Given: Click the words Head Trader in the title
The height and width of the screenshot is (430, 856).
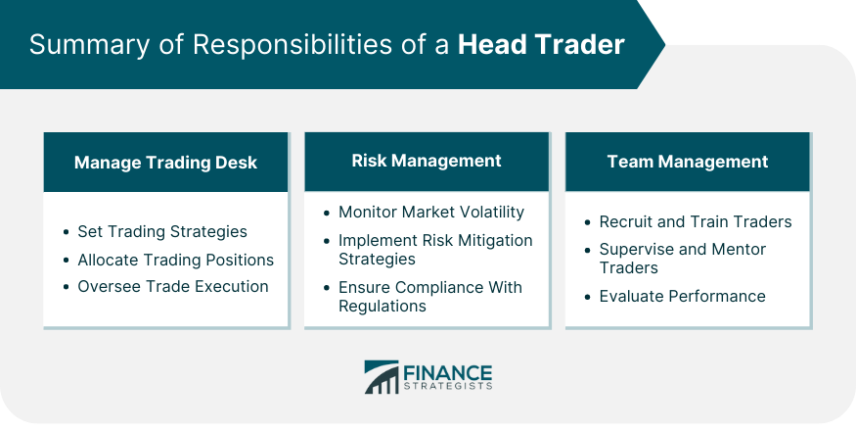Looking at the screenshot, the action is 541,44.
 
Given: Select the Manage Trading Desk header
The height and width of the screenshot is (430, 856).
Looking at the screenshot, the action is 165,163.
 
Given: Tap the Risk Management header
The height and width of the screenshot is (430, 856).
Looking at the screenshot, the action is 427,161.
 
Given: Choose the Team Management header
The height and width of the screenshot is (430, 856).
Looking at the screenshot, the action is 688,162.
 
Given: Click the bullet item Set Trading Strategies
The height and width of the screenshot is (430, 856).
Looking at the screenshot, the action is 162,232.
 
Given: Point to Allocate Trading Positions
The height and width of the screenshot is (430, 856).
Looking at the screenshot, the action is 176,260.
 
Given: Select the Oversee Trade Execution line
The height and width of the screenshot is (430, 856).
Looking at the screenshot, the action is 173,286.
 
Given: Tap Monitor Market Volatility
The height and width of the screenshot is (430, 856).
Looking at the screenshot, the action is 431,212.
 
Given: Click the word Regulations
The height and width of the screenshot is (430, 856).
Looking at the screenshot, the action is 383,306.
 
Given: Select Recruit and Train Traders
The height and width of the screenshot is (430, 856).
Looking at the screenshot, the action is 696,221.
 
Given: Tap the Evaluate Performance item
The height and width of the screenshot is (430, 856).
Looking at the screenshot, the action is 683,296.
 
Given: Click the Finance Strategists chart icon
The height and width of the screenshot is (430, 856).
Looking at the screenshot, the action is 382,377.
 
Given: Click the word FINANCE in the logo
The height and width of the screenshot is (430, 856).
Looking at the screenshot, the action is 448,373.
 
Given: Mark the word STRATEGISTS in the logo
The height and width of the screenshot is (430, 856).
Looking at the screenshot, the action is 448,386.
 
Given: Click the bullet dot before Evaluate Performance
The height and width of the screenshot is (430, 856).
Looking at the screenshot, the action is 587,297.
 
